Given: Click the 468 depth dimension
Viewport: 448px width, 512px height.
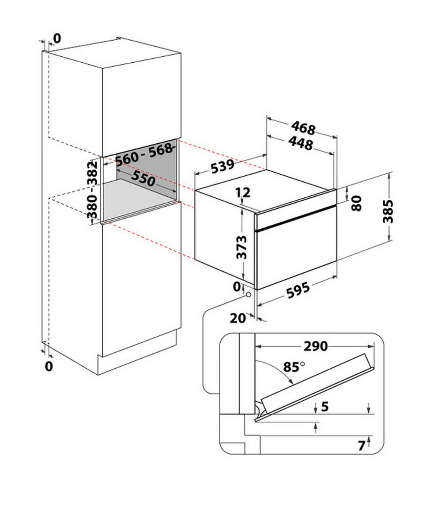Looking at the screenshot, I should click(304, 128).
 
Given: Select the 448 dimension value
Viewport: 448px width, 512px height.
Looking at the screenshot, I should click(301, 143).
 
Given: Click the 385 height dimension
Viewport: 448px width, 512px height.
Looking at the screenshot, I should click(389, 212).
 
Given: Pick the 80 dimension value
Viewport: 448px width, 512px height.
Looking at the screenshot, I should click(357, 203).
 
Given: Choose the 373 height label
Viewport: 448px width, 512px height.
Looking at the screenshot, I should click(243, 247).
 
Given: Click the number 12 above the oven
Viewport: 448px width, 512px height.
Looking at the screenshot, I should click(243, 193).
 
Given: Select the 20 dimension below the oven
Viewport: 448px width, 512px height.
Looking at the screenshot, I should click(237, 318).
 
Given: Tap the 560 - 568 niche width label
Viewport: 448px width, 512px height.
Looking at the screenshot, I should click(143, 154).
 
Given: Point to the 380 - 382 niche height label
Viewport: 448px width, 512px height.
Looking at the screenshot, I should click(92, 189).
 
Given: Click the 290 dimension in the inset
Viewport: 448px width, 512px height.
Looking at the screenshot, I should click(315, 346).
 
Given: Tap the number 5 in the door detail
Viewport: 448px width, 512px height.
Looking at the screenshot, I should click(325, 406).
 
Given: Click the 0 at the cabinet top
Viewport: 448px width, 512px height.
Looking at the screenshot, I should click(57, 38).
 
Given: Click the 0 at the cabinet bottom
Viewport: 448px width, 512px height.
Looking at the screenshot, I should click(49, 366).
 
